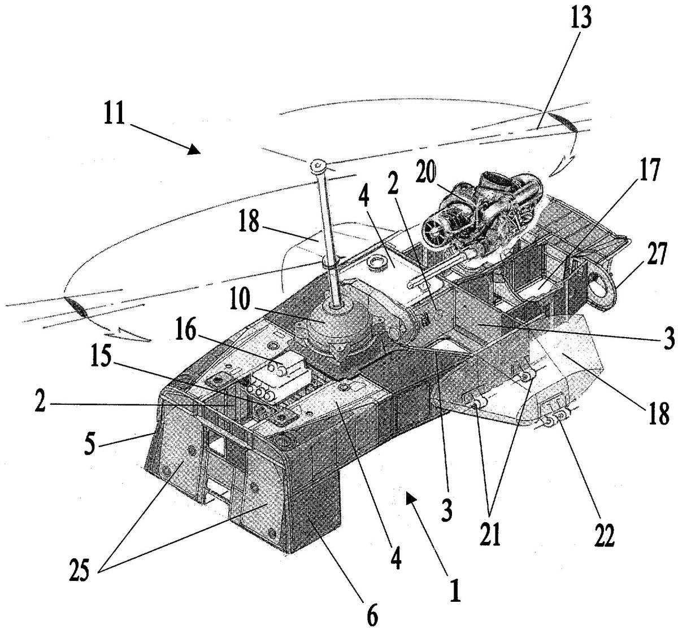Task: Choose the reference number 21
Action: coord(489,533)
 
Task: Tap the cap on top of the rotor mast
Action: coord(318,165)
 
